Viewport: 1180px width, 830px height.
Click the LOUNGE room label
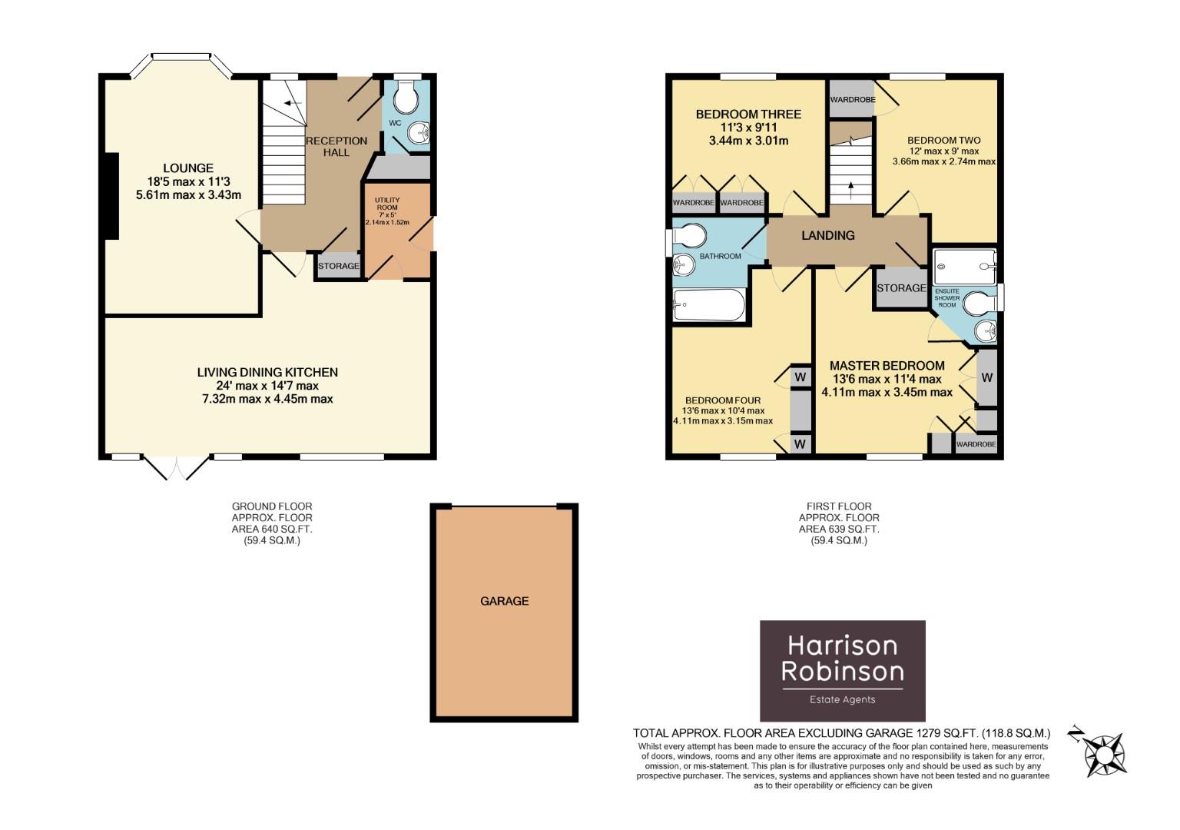188,168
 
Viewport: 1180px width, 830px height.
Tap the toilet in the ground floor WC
405,98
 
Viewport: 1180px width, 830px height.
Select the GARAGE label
504,601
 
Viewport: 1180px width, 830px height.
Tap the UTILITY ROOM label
387,204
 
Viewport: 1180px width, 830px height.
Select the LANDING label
827,236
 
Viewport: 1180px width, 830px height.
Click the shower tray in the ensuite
964,266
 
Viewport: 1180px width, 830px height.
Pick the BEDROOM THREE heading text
748,115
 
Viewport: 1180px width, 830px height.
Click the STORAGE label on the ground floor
339,266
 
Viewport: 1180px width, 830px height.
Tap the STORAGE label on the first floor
901,288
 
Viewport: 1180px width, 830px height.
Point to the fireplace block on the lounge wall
112,197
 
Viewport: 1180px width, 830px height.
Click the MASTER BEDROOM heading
887,366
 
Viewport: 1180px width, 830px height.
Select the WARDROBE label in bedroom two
852,100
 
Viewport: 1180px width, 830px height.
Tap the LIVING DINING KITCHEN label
267,372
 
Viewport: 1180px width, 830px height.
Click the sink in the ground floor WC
419,134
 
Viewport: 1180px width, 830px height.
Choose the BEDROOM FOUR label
723,400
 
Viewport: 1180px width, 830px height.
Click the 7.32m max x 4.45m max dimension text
267,399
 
